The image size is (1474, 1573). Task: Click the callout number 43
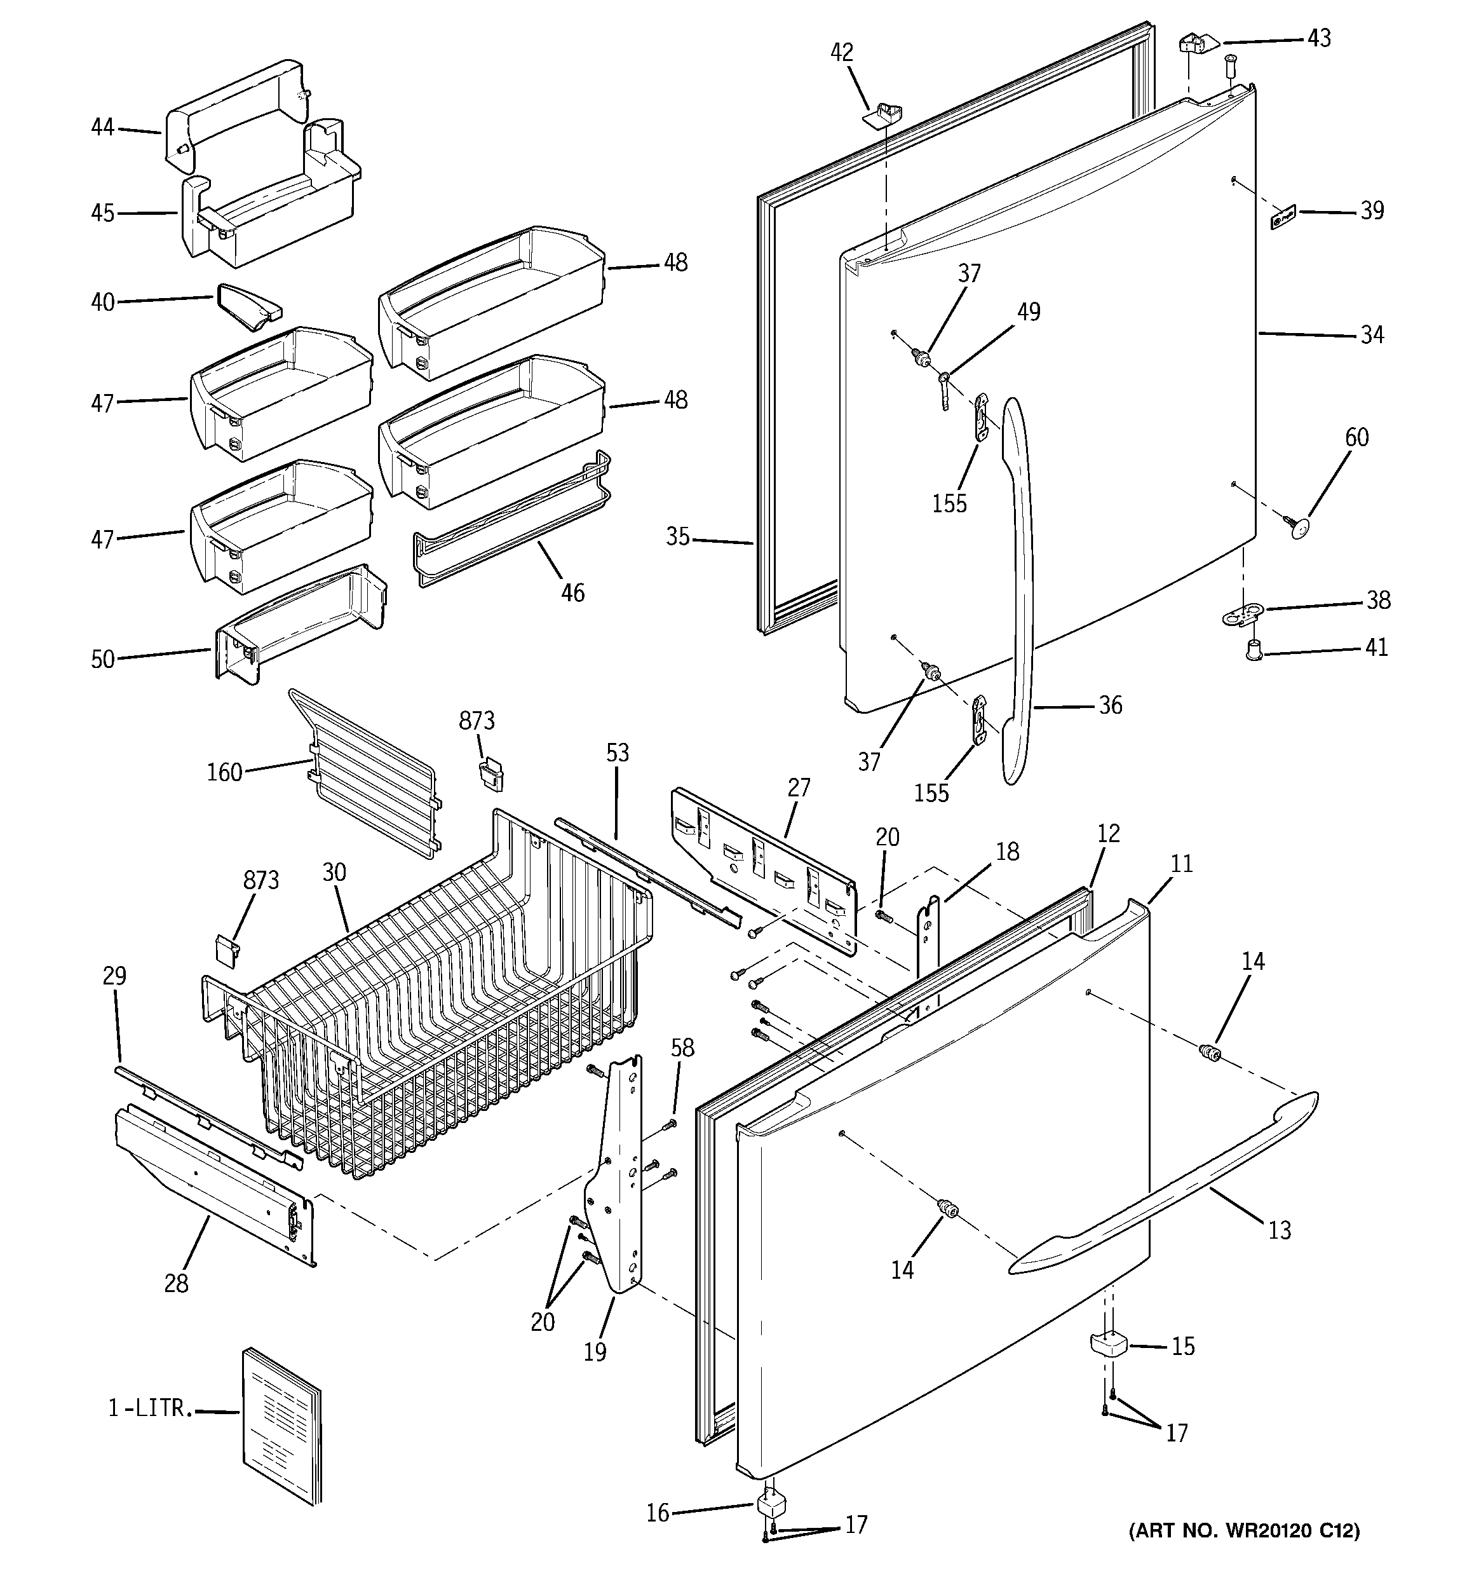click(1318, 38)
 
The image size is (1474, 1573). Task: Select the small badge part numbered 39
click(1283, 217)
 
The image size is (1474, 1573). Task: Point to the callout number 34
click(1372, 335)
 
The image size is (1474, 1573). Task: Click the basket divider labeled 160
click(364, 772)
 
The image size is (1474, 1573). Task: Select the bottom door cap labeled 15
click(1111, 1344)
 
